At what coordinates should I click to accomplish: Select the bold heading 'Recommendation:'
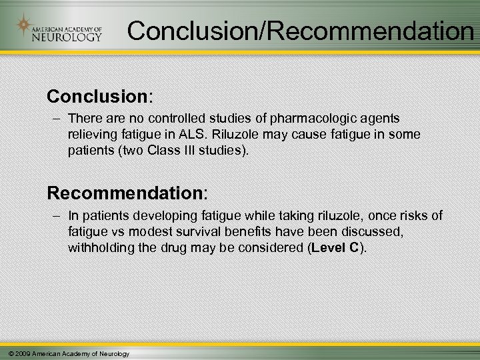(x=127, y=193)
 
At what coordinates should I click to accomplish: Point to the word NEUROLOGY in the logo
(x=67, y=36)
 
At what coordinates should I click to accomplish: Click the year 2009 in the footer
(x=21, y=353)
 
